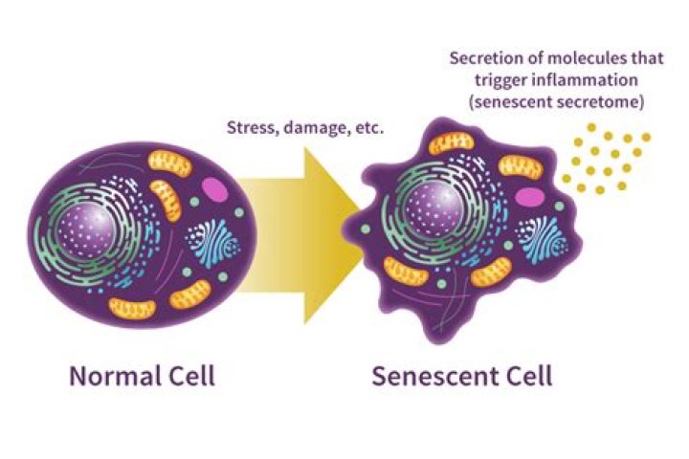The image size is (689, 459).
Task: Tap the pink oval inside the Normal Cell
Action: [x=215, y=189]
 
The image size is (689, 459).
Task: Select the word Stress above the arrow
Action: [x=252, y=129]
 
